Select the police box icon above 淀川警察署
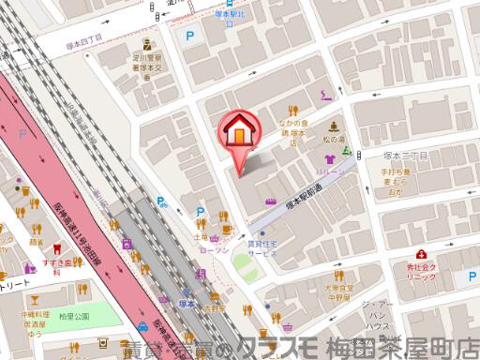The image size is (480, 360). [146, 43]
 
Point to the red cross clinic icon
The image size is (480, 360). [423, 254]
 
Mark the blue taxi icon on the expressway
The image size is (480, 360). [141, 326]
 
